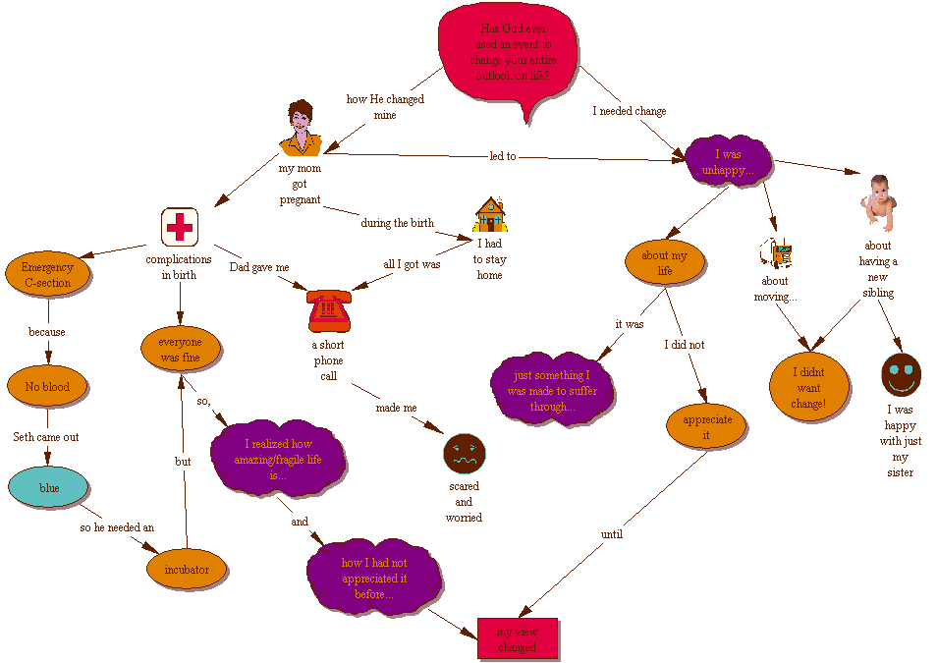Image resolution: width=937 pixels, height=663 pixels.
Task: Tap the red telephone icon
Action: [x=328, y=311]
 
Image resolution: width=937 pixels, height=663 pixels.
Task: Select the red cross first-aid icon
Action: [x=179, y=228]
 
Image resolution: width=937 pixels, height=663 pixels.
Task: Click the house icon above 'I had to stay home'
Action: [x=490, y=214]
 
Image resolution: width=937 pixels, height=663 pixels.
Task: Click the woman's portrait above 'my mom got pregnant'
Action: [x=300, y=129]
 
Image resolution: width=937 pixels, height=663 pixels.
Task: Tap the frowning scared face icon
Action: [x=464, y=453]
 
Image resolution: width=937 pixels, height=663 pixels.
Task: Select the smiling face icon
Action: [x=901, y=375]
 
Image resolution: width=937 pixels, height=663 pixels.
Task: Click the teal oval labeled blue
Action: [x=48, y=487]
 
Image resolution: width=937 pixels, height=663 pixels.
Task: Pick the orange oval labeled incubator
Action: [x=187, y=569]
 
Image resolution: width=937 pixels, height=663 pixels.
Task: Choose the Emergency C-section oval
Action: [x=47, y=275]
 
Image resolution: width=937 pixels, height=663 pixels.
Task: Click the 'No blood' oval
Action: [x=47, y=387]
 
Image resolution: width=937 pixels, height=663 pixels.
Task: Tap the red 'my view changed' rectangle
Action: [x=518, y=638]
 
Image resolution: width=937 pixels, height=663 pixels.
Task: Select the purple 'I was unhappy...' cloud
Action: [x=728, y=161]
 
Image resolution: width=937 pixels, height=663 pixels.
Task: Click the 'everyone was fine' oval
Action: [x=180, y=350]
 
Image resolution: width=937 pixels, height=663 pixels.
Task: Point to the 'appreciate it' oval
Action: [x=707, y=426]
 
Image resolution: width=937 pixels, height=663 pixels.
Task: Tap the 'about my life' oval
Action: [x=664, y=263]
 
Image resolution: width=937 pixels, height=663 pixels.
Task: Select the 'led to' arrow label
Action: [x=503, y=156]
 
